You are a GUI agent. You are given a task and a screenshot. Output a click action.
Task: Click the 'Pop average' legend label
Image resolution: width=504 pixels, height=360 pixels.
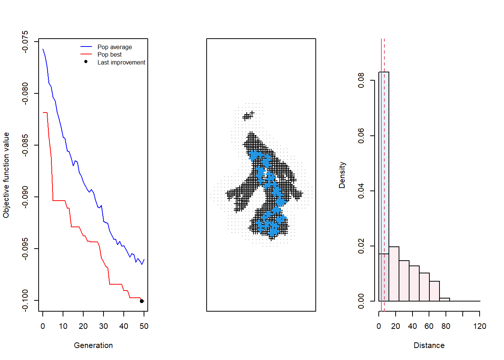point(114,47)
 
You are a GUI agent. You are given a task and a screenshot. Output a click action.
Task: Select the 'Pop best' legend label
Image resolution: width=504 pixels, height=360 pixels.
point(109,54)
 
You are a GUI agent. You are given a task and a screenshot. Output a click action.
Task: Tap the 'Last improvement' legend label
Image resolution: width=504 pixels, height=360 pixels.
point(121,62)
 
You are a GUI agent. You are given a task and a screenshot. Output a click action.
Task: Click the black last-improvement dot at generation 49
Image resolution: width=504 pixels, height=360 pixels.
point(142,301)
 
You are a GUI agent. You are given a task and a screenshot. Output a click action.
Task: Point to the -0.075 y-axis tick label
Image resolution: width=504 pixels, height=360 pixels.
point(25,42)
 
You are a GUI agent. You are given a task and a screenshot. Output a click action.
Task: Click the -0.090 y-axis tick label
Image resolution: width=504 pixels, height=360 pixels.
point(25,197)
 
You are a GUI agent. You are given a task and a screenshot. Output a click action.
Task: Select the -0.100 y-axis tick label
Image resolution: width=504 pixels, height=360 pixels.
point(25,300)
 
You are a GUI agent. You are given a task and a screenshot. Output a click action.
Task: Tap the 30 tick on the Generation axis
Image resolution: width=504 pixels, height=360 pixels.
point(103,326)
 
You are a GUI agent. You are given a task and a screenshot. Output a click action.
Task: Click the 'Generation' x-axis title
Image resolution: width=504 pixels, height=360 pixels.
point(93,345)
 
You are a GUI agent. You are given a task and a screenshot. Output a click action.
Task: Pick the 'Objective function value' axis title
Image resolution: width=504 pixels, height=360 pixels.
point(6,175)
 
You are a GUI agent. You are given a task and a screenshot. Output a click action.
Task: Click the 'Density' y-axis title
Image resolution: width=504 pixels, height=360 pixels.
point(342,175)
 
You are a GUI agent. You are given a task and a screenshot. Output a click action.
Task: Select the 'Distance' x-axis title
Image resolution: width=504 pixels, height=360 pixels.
point(429,345)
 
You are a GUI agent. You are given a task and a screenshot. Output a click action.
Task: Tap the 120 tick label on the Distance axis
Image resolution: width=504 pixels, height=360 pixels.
point(480,326)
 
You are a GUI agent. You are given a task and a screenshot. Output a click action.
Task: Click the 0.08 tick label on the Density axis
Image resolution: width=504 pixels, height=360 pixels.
point(361,80)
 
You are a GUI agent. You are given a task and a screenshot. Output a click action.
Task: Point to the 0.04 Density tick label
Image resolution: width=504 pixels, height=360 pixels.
point(361,191)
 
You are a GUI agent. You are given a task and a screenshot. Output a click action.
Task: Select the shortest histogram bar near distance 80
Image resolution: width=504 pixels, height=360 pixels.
point(444,299)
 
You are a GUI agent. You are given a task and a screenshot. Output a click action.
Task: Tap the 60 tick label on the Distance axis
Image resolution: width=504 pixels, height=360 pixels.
point(429,326)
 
